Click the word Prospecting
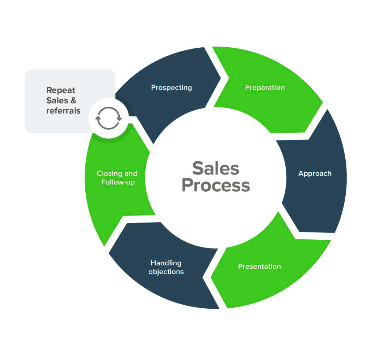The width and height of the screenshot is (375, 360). tap(171, 88)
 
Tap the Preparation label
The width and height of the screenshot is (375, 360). tap(265, 88)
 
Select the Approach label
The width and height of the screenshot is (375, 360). tap(315, 173)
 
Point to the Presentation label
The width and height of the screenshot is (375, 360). tap(259, 267)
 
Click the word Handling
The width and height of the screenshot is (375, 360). tap(166, 263)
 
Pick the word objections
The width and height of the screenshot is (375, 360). tap(166, 272)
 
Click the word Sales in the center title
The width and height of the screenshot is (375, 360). tap(216, 169)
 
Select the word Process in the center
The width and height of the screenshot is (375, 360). tap(216, 185)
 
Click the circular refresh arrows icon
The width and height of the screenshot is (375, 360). tap(108, 118)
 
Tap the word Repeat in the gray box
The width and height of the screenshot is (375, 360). tap(61, 91)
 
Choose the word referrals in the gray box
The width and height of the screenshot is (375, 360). tap(63, 110)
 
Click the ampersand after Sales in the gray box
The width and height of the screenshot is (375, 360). tap(73, 100)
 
